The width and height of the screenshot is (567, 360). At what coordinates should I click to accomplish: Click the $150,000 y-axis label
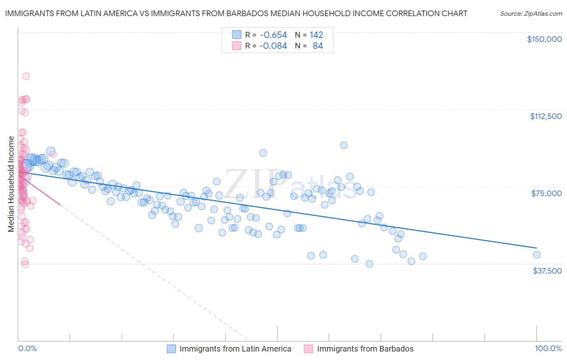click(544, 39)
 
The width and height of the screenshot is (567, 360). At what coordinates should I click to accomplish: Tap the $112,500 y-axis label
click(546, 116)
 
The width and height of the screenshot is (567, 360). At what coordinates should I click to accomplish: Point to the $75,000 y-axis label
click(546, 193)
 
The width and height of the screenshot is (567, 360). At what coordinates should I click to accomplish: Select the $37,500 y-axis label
click(547, 271)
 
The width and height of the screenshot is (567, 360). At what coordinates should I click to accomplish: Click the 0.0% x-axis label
click(27, 349)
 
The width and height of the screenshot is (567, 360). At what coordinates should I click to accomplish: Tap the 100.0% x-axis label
click(548, 349)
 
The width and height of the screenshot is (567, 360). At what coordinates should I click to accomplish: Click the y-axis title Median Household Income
click(11, 184)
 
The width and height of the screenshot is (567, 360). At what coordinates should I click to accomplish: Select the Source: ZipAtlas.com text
click(531, 14)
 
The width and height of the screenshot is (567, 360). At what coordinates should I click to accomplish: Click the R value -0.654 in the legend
click(273, 35)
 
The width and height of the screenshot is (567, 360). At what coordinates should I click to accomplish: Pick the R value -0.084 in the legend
click(273, 46)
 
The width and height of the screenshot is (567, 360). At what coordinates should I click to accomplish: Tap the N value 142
click(316, 35)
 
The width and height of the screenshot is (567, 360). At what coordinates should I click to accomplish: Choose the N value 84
click(318, 46)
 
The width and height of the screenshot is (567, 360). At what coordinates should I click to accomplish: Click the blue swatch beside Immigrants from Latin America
click(171, 349)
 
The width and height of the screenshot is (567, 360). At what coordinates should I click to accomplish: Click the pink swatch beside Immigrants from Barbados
click(309, 349)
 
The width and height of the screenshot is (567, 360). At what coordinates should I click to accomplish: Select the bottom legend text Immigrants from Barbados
click(365, 349)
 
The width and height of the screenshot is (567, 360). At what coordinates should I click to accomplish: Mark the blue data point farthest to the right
click(536, 255)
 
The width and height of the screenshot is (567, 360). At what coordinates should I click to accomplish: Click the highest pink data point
click(26, 76)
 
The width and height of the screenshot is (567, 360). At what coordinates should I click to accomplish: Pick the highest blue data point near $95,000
click(344, 145)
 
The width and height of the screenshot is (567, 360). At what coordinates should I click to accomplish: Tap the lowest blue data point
click(369, 264)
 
